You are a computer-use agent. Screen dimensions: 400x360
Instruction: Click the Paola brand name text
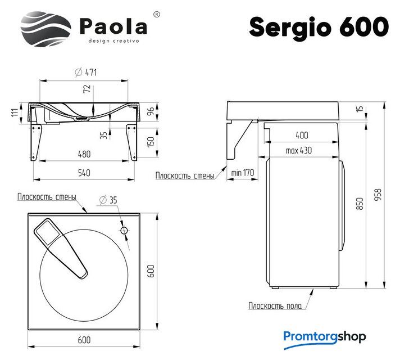tap(113, 26)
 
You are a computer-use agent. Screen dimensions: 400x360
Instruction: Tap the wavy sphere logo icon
tap(46, 29)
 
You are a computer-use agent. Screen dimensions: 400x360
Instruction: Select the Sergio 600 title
tap(319, 27)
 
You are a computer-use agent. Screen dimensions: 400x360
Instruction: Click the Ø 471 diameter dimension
tap(86, 73)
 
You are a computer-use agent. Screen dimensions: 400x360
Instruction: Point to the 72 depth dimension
tap(87, 89)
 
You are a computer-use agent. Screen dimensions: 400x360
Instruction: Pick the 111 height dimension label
tap(15, 112)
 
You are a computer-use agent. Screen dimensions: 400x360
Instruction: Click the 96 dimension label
tap(151, 111)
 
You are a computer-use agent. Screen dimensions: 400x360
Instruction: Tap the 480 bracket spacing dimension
tap(84, 154)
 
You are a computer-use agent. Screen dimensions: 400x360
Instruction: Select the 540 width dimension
tap(84, 173)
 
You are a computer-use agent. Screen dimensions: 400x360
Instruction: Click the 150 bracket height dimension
tap(151, 142)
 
